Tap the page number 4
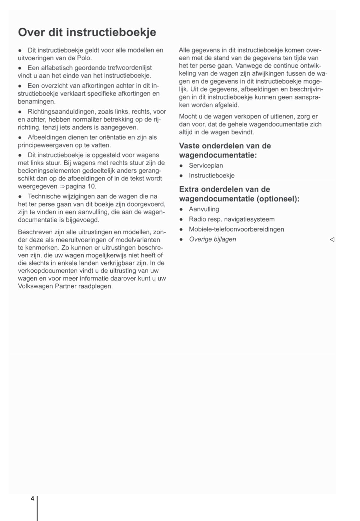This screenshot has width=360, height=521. tap(32, 498)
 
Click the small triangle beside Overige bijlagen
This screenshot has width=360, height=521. tap(332, 240)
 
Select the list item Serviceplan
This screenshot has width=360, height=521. tap(206, 166)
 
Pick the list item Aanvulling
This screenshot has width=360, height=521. tap(204, 209)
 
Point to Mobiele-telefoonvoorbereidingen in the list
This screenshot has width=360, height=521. tap(236, 229)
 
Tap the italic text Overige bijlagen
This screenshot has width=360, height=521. tap(212, 239)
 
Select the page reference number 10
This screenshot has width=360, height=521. tap(91, 186)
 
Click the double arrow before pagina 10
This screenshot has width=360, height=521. tap(62, 186)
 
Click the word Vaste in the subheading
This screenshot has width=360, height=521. tap(189, 146)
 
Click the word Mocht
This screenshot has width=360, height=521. tap(188, 117)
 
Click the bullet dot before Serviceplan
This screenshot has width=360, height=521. tap(181, 166)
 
